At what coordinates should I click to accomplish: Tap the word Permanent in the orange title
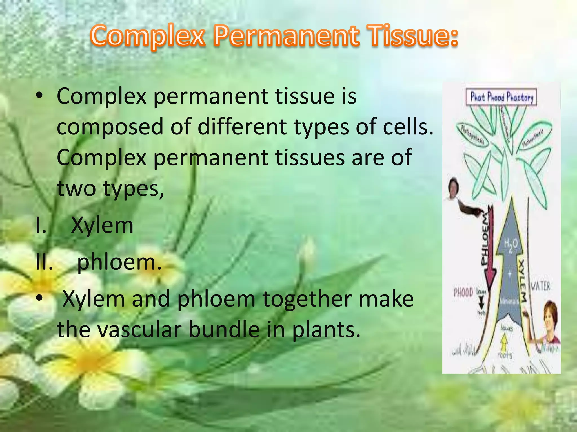coord(286,36)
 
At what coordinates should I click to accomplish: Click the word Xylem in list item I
coord(102,225)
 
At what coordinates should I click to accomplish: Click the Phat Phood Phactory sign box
coord(501,97)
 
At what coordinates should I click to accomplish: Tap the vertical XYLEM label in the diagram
coord(522,281)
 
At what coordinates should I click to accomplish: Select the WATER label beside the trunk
coord(540,287)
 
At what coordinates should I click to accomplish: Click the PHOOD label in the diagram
coord(463,292)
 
